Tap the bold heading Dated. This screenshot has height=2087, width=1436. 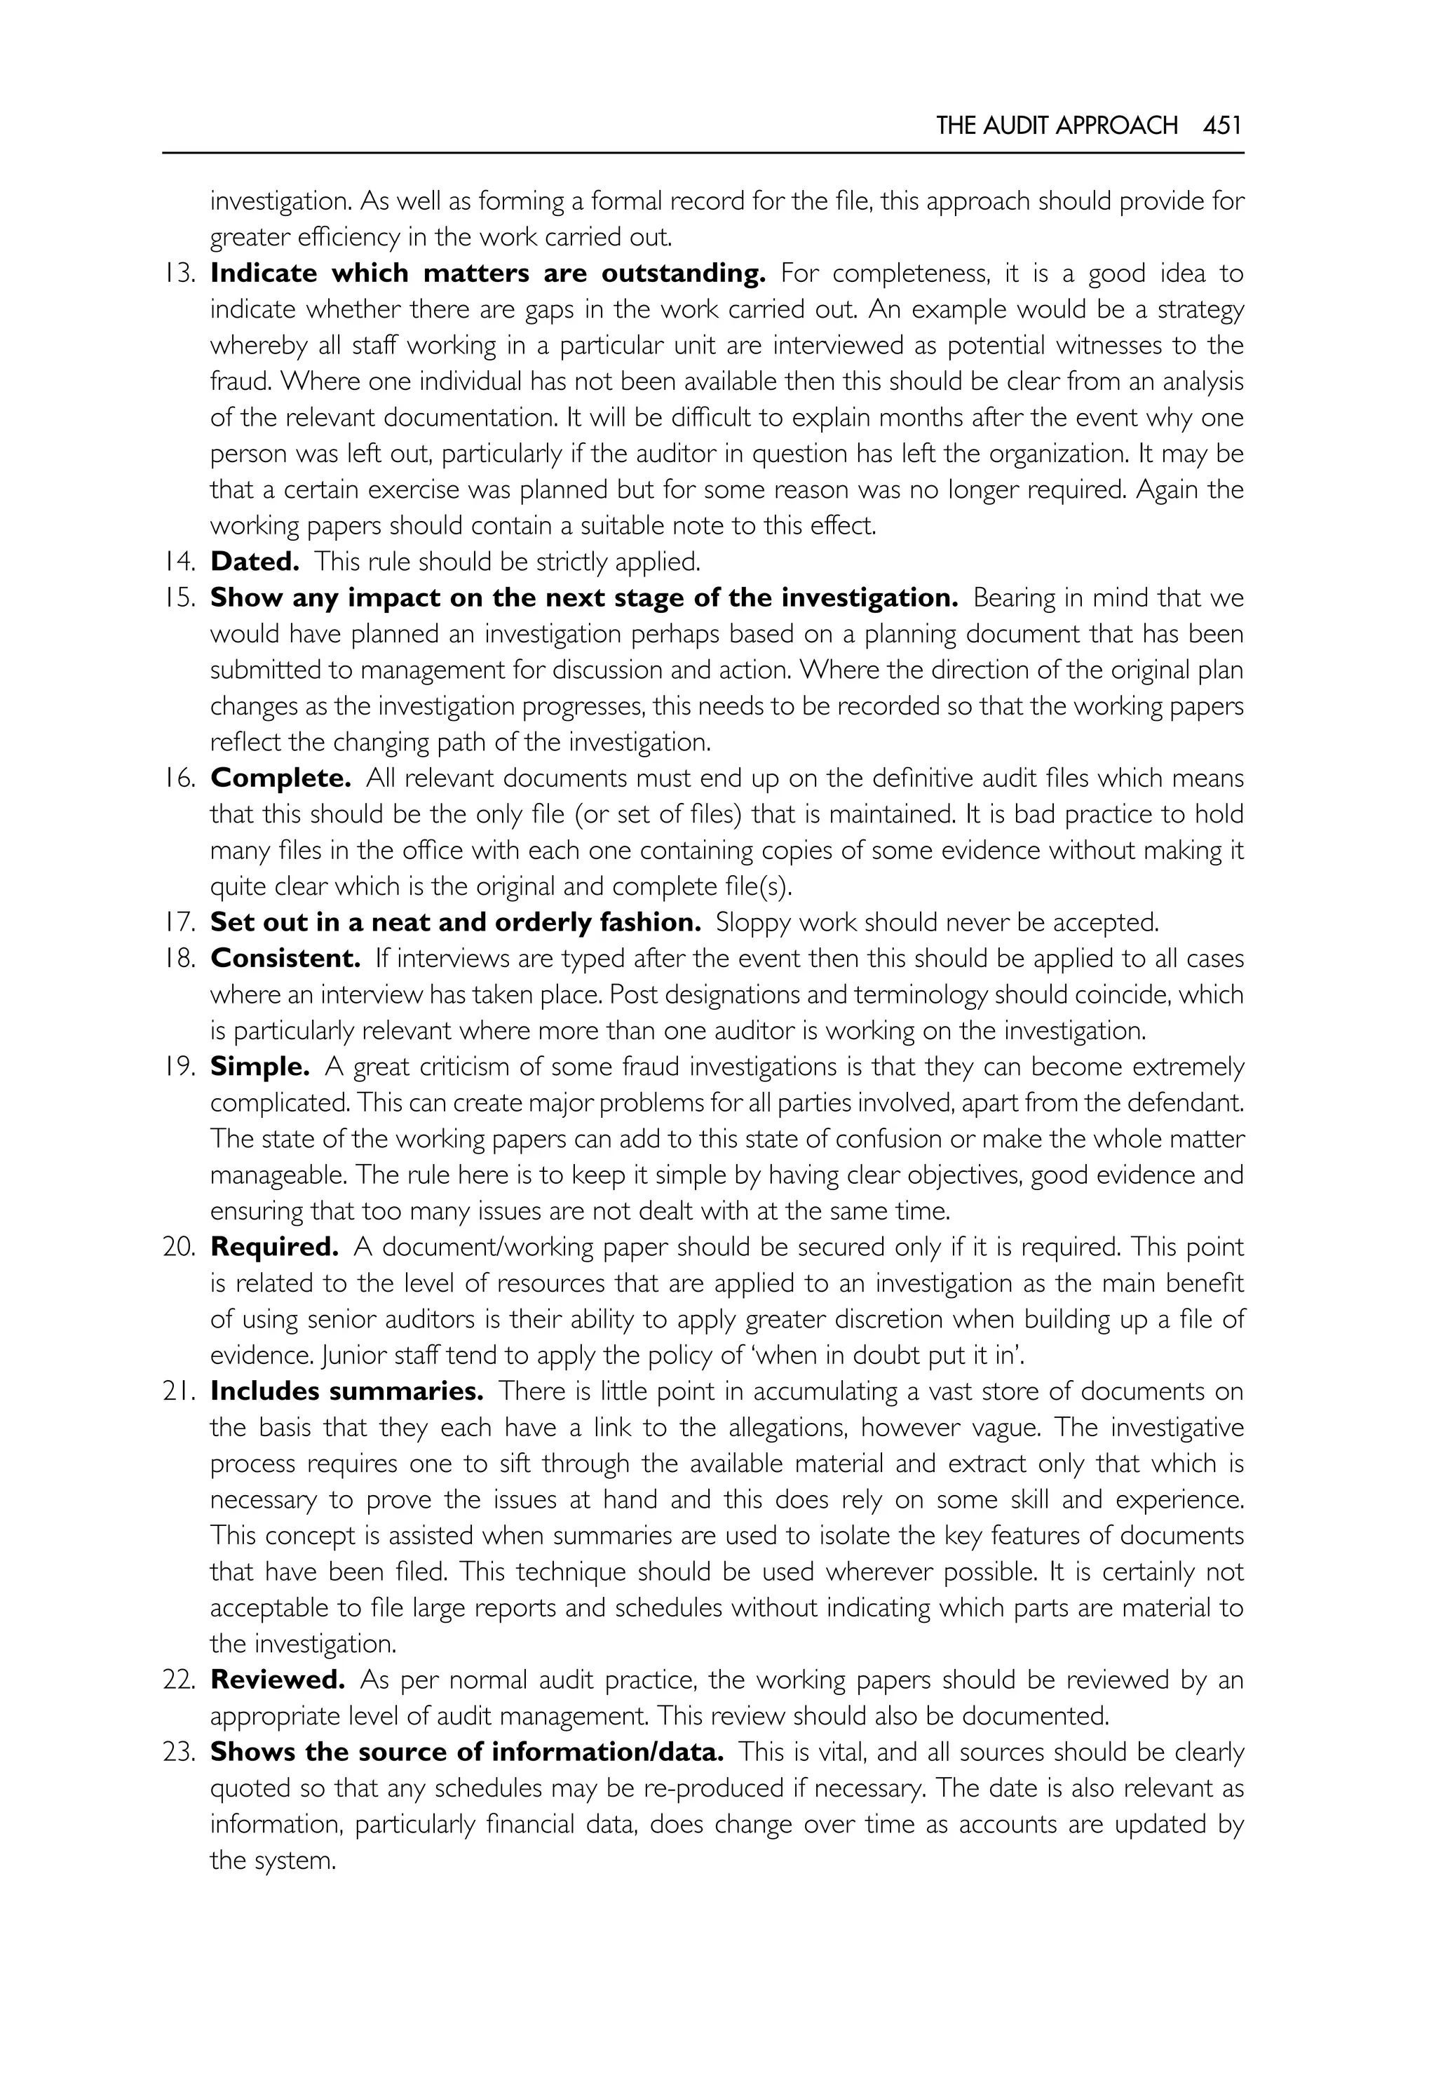[255, 562]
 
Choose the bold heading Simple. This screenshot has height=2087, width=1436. [260, 1067]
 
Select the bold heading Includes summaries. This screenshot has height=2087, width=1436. [346, 1391]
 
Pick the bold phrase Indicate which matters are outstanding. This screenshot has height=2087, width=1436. [487, 273]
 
